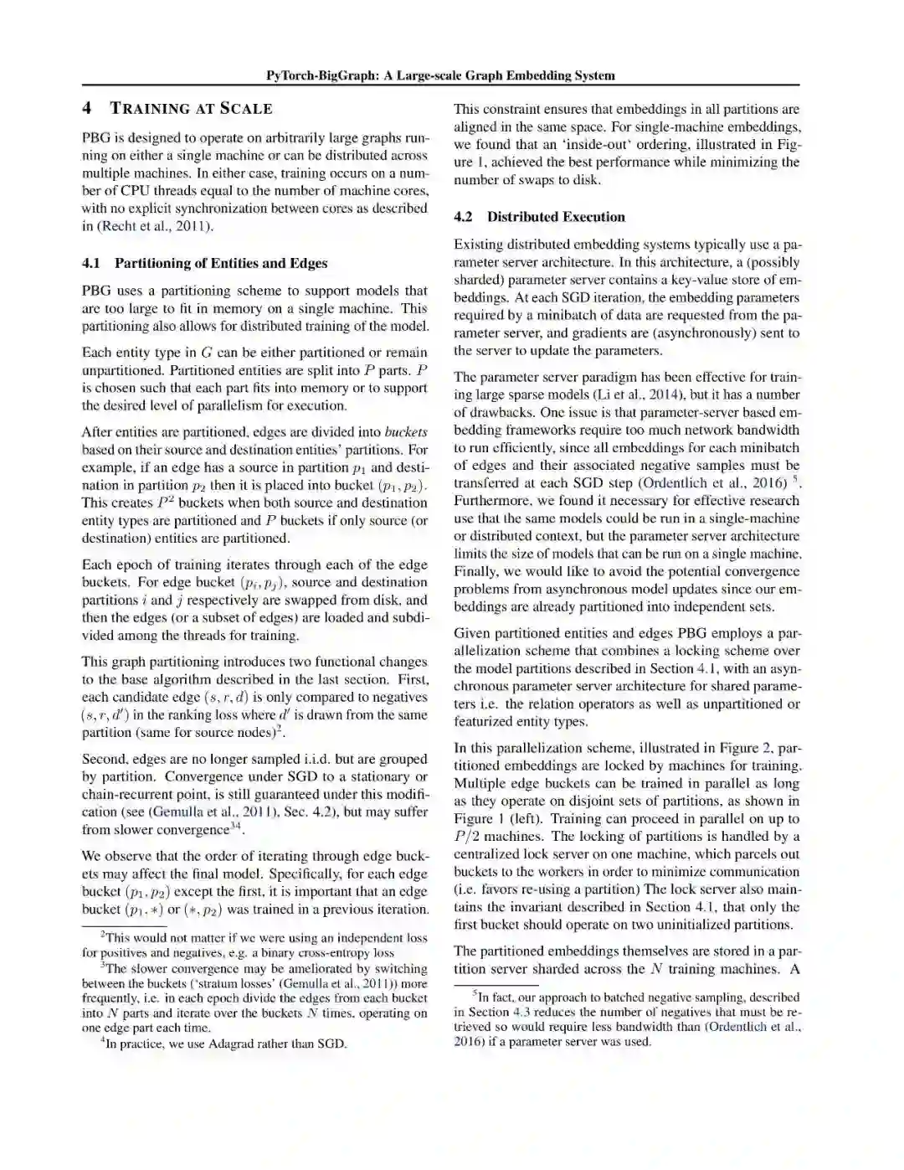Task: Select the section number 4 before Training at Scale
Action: point(87,108)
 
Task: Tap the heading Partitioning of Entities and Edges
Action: point(221,263)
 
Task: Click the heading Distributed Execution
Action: point(556,217)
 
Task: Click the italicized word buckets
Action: point(406,432)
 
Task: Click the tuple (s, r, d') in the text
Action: point(103,715)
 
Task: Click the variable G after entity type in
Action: point(207,353)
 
